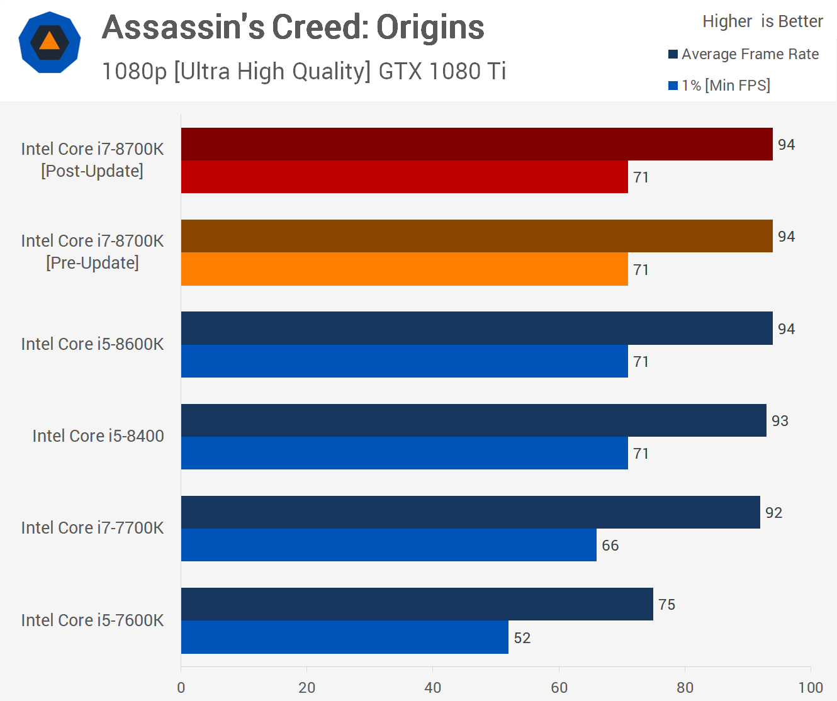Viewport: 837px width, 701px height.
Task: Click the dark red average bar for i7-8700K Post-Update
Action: (x=476, y=144)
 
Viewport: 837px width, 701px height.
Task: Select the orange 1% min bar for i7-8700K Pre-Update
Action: (x=404, y=269)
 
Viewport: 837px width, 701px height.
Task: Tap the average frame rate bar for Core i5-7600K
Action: (x=417, y=604)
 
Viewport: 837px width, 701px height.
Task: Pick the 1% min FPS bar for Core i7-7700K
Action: (x=388, y=545)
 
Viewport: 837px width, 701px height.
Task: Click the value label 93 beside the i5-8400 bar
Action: (x=780, y=421)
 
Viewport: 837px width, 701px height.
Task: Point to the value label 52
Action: (x=522, y=638)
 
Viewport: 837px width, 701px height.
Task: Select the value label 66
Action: (x=610, y=546)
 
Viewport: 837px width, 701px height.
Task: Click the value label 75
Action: (x=666, y=605)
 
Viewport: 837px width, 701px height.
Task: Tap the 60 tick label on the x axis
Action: (x=559, y=688)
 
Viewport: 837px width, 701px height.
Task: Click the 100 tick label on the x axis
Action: (x=811, y=688)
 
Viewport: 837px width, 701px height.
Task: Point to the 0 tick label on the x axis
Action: (x=181, y=688)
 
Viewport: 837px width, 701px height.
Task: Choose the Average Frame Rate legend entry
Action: (x=743, y=54)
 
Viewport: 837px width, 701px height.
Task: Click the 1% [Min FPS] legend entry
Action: (x=719, y=86)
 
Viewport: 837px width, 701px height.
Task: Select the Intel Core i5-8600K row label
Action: (x=93, y=344)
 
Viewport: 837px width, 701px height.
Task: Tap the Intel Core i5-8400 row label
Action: (x=98, y=436)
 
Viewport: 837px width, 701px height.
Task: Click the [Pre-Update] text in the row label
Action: (x=93, y=263)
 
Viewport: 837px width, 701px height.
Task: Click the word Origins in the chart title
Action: (x=430, y=27)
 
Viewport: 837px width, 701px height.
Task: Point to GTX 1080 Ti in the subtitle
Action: (x=442, y=72)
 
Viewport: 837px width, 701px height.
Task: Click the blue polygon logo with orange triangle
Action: (x=50, y=42)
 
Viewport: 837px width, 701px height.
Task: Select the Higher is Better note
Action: (x=762, y=21)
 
